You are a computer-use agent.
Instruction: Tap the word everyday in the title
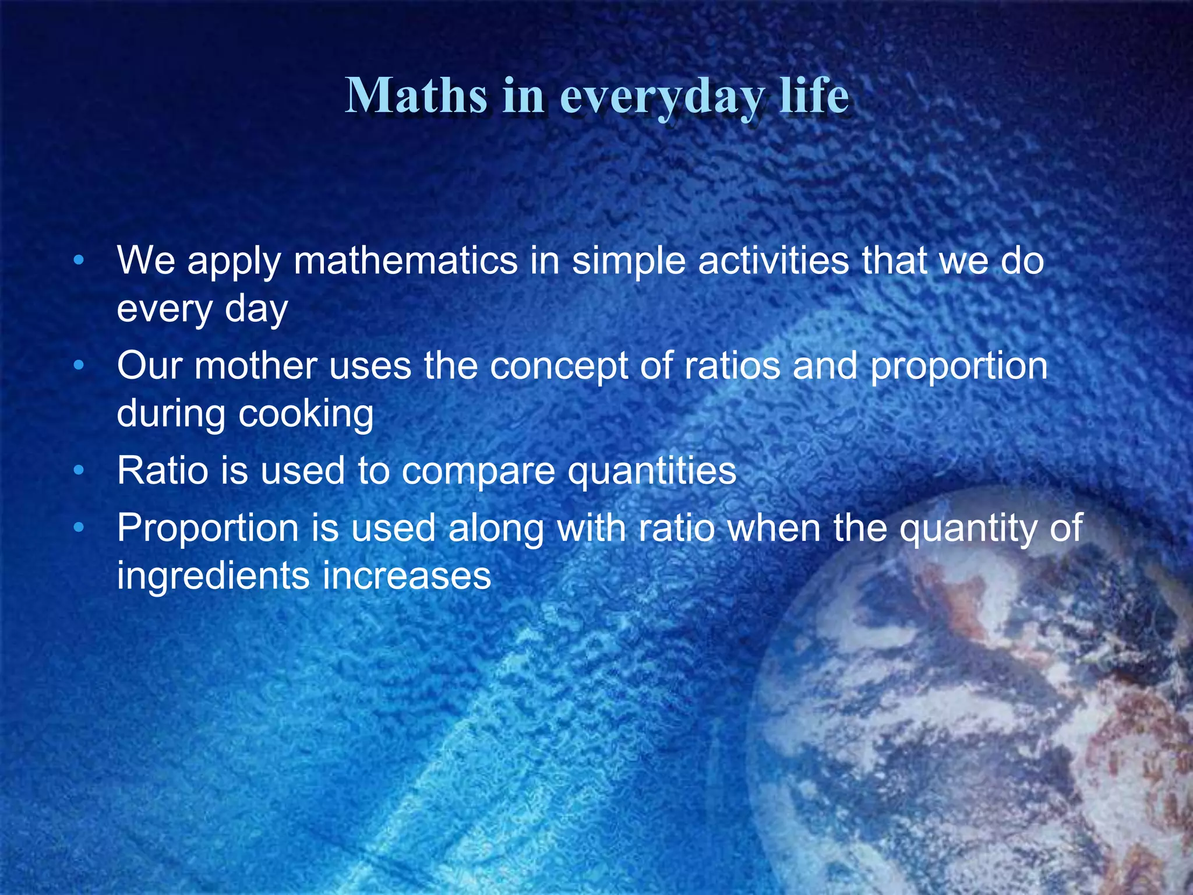[x=661, y=97]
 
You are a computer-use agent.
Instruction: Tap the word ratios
[x=732, y=366]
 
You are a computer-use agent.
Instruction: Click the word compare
[x=478, y=472]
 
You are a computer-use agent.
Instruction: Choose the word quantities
[x=652, y=472]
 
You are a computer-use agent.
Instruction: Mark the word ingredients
[x=213, y=577]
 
